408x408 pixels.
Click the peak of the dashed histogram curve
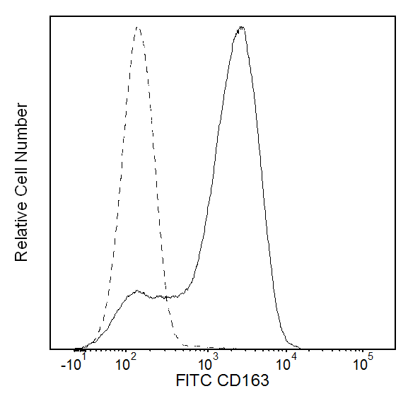click(138, 28)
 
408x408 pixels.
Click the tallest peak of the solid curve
click(241, 27)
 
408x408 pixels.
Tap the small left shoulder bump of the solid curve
click(136, 291)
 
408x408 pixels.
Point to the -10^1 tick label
click(74, 363)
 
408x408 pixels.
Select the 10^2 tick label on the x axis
click(126, 363)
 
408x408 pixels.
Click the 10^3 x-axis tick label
click(208, 363)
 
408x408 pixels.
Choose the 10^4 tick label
click(286, 363)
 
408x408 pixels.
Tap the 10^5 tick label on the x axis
click(363, 363)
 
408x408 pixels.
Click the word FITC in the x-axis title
click(193, 380)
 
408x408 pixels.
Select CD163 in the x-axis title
click(243, 380)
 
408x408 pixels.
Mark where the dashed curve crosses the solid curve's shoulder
click(166, 298)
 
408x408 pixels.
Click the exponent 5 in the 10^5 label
click(371, 356)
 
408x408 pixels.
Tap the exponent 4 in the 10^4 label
click(293, 356)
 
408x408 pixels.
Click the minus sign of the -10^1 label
click(63, 366)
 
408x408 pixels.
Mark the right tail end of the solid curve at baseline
click(300, 348)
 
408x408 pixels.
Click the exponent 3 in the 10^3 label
click(216, 356)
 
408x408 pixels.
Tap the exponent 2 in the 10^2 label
click(134, 356)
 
